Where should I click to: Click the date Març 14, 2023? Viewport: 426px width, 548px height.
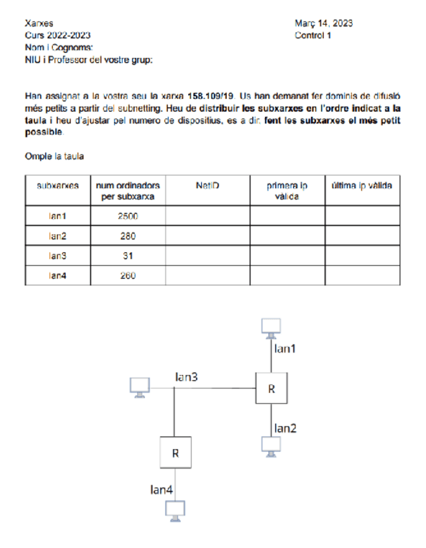(323, 24)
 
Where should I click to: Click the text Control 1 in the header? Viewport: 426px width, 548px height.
(313, 35)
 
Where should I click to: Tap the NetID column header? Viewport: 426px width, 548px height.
(208, 186)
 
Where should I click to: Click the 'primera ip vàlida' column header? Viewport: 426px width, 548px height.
(287, 191)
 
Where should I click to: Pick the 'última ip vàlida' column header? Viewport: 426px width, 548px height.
(362, 186)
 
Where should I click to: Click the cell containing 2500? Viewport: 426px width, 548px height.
(128, 217)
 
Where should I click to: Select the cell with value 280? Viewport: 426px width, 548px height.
(128, 237)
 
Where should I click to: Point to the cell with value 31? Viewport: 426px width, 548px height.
(128, 256)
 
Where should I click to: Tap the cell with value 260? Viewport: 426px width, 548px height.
(128, 275)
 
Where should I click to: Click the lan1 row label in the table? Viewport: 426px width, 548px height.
(58, 217)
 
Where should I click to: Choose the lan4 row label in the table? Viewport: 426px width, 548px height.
(58, 275)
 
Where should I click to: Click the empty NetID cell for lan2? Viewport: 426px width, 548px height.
(208, 237)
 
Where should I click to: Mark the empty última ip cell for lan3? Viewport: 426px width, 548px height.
(362, 256)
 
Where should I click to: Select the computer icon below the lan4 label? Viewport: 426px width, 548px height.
(175, 510)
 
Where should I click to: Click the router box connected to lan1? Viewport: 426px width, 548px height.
(271, 388)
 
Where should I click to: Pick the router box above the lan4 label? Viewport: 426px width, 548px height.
(175, 452)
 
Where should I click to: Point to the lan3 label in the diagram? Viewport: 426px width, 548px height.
(187, 377)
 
